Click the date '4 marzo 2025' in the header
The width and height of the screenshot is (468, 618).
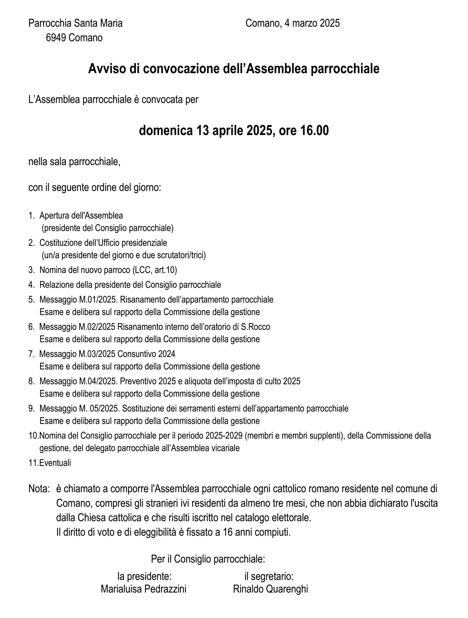(x=312, y=23)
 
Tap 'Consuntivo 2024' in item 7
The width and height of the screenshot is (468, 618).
(x=146, y=354)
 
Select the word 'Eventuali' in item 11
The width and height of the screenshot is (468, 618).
(x=55, y=463)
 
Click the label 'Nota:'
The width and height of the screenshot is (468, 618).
(x=39, y=489)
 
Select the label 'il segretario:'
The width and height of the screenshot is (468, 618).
(x=269, y=576)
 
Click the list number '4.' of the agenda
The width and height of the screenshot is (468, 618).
(x=32, y=285)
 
